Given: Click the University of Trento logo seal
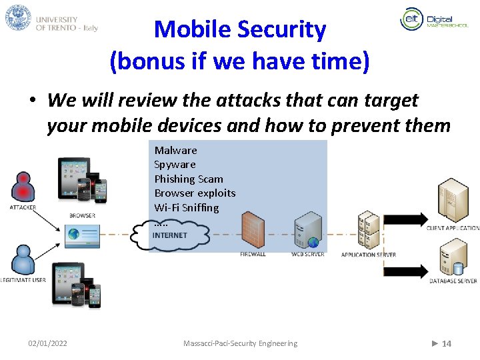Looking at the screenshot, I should tap(18, 17).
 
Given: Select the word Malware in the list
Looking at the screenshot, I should tap(175, 150).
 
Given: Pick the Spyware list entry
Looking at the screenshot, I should tap(175, 165).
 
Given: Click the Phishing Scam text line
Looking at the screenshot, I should tap(189, 179).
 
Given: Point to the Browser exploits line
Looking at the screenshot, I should tap(195, 193).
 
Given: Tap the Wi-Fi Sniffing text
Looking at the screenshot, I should tap(186, 207).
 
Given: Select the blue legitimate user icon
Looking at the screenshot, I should tap(23, 260).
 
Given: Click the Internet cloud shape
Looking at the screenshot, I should tap(171, 235).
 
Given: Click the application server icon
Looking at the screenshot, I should tap(368, 230).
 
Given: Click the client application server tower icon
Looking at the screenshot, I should tap(453, 201).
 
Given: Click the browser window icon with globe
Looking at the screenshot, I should tap(82, 235).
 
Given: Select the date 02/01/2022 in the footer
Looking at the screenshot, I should tap(47, 343).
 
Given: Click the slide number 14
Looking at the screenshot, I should tap(446, 343).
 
